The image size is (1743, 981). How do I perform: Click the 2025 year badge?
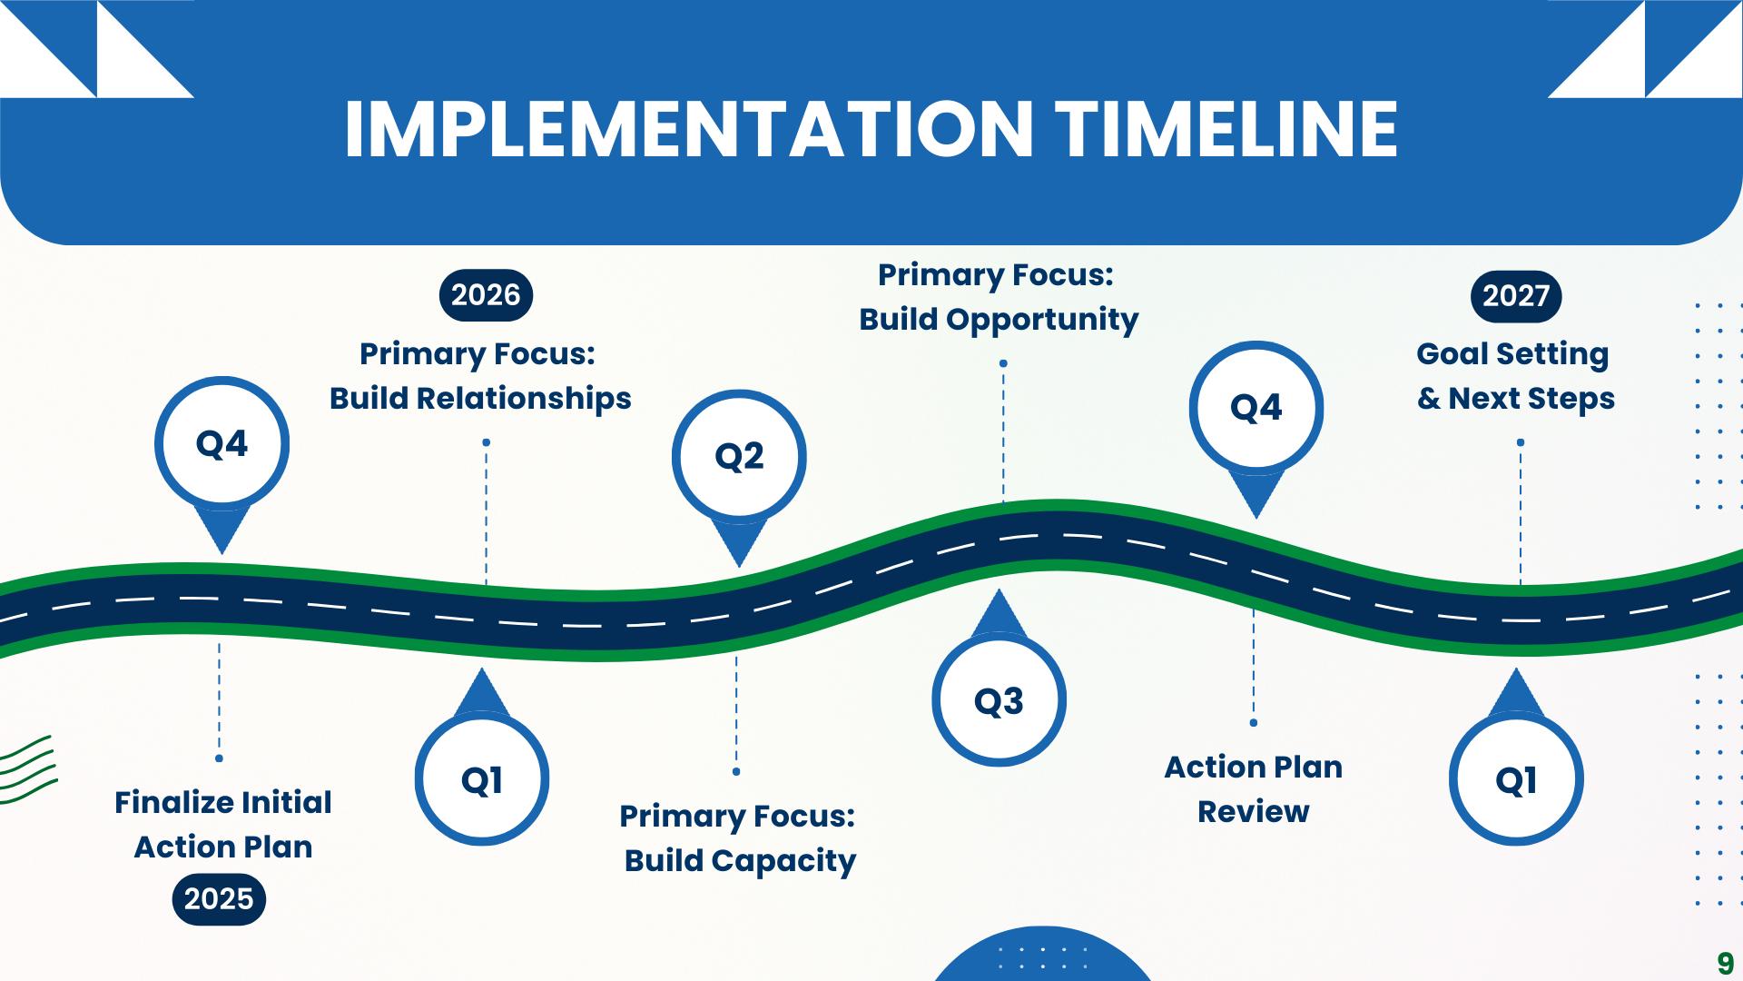pyautogui.click(x=219, y=899)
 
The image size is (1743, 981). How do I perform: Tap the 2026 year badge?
pyautogui.click(x=486, y=295)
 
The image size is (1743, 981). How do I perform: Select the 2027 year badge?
pyautogui.click(x=1515, y=296)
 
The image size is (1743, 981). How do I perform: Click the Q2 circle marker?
pyautogui.click(x=739, y=456)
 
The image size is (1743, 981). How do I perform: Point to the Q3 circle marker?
pyautogui.click(x=999, y=700)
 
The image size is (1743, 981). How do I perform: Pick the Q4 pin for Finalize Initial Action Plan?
pyautogui.click(x=222, y=443)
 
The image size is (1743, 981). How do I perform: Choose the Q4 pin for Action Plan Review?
pyautogui.click(x=1256, y=408)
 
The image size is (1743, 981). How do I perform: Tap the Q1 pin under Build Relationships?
pyautogui.click(x=482, y=780)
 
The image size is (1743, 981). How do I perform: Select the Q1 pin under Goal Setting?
pyautogui.click(x=1516, y=780)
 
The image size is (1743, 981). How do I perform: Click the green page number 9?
pyautogui.click(x=1725, y=963)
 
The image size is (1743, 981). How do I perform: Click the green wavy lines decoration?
pyautogui.click(x=27, y=770)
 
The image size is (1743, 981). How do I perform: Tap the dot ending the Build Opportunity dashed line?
pyautogui.click(x=1003, y=363)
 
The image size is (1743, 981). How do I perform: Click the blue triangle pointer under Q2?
pyautogui.click(x=739, y=541)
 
